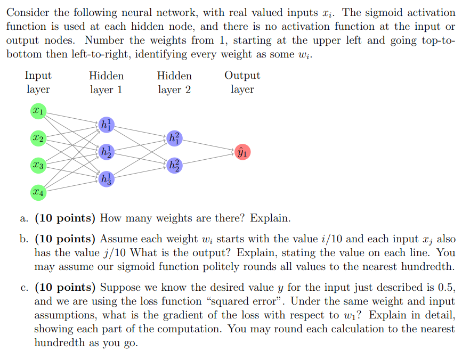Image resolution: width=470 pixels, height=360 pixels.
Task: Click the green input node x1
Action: coord(38,111)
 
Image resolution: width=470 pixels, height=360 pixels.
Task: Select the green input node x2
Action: coord(38,138)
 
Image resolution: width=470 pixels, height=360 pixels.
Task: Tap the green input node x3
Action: coord(38,165)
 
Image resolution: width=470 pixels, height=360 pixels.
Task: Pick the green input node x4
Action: coord(38,192)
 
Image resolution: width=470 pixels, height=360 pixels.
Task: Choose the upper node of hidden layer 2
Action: coord(174,138)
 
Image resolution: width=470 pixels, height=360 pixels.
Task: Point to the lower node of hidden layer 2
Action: coord(174,165)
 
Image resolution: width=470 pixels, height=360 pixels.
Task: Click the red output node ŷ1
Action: coord(242,152)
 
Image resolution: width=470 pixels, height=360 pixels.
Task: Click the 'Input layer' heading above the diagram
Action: coord(38,83)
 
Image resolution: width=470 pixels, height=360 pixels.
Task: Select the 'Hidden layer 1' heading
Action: coord(106,83)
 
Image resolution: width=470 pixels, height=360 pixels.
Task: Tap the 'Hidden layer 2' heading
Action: coord(174,83)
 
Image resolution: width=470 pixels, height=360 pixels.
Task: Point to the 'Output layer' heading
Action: coord(242,83)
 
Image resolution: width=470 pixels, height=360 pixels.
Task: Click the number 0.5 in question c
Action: coord(446,288)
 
